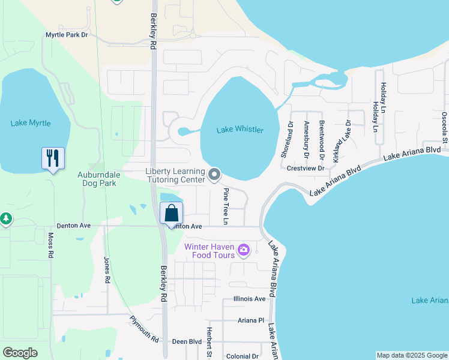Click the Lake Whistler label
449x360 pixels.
click(240, 130)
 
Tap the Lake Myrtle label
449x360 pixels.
click(31, 123)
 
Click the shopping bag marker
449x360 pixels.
click(172, 214)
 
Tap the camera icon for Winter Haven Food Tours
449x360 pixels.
click(244, 249)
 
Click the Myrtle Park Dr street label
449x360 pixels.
click(67, 35)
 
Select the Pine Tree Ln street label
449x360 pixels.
click(226, 206)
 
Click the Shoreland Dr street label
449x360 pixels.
click(286, 140)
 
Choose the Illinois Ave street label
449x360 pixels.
click(249, 299)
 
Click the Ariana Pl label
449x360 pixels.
click(251, 320)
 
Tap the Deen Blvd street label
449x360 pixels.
click(187, 341)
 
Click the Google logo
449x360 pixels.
click(20, 353)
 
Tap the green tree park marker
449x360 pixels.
click(6, 219)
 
